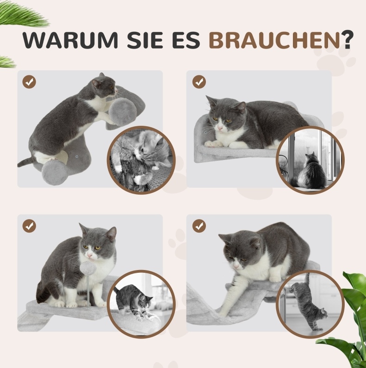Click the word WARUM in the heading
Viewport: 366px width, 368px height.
pos(70,40)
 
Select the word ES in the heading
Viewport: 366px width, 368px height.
pos(186,40)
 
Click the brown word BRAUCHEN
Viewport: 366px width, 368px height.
pos(274,40)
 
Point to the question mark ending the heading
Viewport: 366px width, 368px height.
pos(347,40)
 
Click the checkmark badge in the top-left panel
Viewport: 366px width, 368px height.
pos(29,82)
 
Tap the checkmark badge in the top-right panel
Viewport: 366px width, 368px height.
pos(199,82)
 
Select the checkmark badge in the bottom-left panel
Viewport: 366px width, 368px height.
pos(29,226)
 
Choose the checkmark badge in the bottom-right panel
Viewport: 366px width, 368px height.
pos(199,226)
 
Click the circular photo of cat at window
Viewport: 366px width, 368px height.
pos(310,160)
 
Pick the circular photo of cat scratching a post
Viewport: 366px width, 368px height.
pos(141,160)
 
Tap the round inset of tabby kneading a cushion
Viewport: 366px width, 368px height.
pos(141,304)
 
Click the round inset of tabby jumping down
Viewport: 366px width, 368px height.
pos(310,304)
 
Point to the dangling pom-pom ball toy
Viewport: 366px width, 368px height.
pos(87,268)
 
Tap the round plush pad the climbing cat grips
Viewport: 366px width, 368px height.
pos(123,112)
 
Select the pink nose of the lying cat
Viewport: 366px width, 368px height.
pos(220,128)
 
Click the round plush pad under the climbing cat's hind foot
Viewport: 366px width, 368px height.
pos(55,172)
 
